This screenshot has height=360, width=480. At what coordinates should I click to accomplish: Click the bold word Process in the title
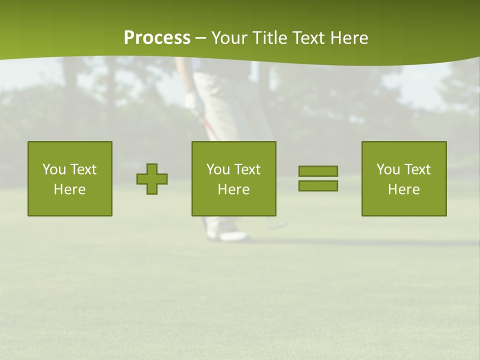click(157, 38)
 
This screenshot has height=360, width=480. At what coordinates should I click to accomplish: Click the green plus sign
click(152, 179)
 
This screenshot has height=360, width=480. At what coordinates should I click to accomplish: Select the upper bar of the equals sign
click(318, 171)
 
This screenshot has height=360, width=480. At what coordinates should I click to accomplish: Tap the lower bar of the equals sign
click(318, 186)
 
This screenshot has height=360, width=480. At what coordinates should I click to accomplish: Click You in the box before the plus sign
click(54, 169)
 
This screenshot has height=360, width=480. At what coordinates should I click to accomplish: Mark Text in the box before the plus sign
click(82, 169)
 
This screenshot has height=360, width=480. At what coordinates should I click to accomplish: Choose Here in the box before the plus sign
click(69, 189)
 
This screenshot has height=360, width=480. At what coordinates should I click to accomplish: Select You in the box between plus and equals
click(218, 169)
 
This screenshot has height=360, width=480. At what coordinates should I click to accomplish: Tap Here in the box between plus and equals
click(233, 189)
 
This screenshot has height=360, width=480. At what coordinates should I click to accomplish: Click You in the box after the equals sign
click(388, 169)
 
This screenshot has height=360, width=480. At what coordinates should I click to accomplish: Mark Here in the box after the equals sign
click(403, 189)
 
